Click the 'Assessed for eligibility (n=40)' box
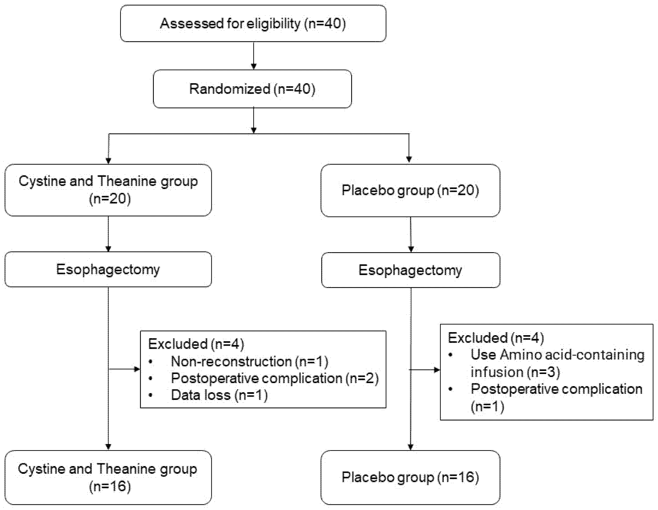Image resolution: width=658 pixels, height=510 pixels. pyautogui.click(x=253, y=24)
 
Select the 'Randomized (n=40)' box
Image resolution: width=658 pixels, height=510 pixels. pyautogui.click(x=252, y=89)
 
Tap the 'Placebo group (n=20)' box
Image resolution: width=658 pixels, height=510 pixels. pyautogui.click(x=410, y=190)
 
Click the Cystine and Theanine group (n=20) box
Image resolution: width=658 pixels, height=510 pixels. pyautogui.click(x=108, y=190)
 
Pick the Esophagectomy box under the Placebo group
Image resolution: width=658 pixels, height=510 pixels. pyautogui.click(x=410, y=270)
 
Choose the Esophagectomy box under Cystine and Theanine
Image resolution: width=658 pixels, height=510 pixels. pyautogui.click(x=108, y=269)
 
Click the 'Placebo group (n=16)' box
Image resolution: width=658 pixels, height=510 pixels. pyautogui.click(x=410, y=477)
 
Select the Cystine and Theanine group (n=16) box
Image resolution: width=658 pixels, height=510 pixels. pyautogui.click(x=108, y=478)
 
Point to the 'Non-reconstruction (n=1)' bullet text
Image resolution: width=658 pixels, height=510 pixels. pyautogui.click(x=249, y=362)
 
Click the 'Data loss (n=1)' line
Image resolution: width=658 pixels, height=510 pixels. pyautogui.click(x=219, y=395)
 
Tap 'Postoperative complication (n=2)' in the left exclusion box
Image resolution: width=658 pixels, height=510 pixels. pyautogui.click(x=275, y=378)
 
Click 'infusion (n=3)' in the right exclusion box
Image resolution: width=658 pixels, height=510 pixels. pyautogui.click(x=515, y=372)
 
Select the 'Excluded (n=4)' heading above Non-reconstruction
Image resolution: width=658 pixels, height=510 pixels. pyautogui.click(x=196, y=344)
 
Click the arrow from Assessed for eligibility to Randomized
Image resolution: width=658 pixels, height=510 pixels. pyautogui.click(x=254, y=56)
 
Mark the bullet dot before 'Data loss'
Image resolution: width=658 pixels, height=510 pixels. pyautogui.click(x=151, y=395)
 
